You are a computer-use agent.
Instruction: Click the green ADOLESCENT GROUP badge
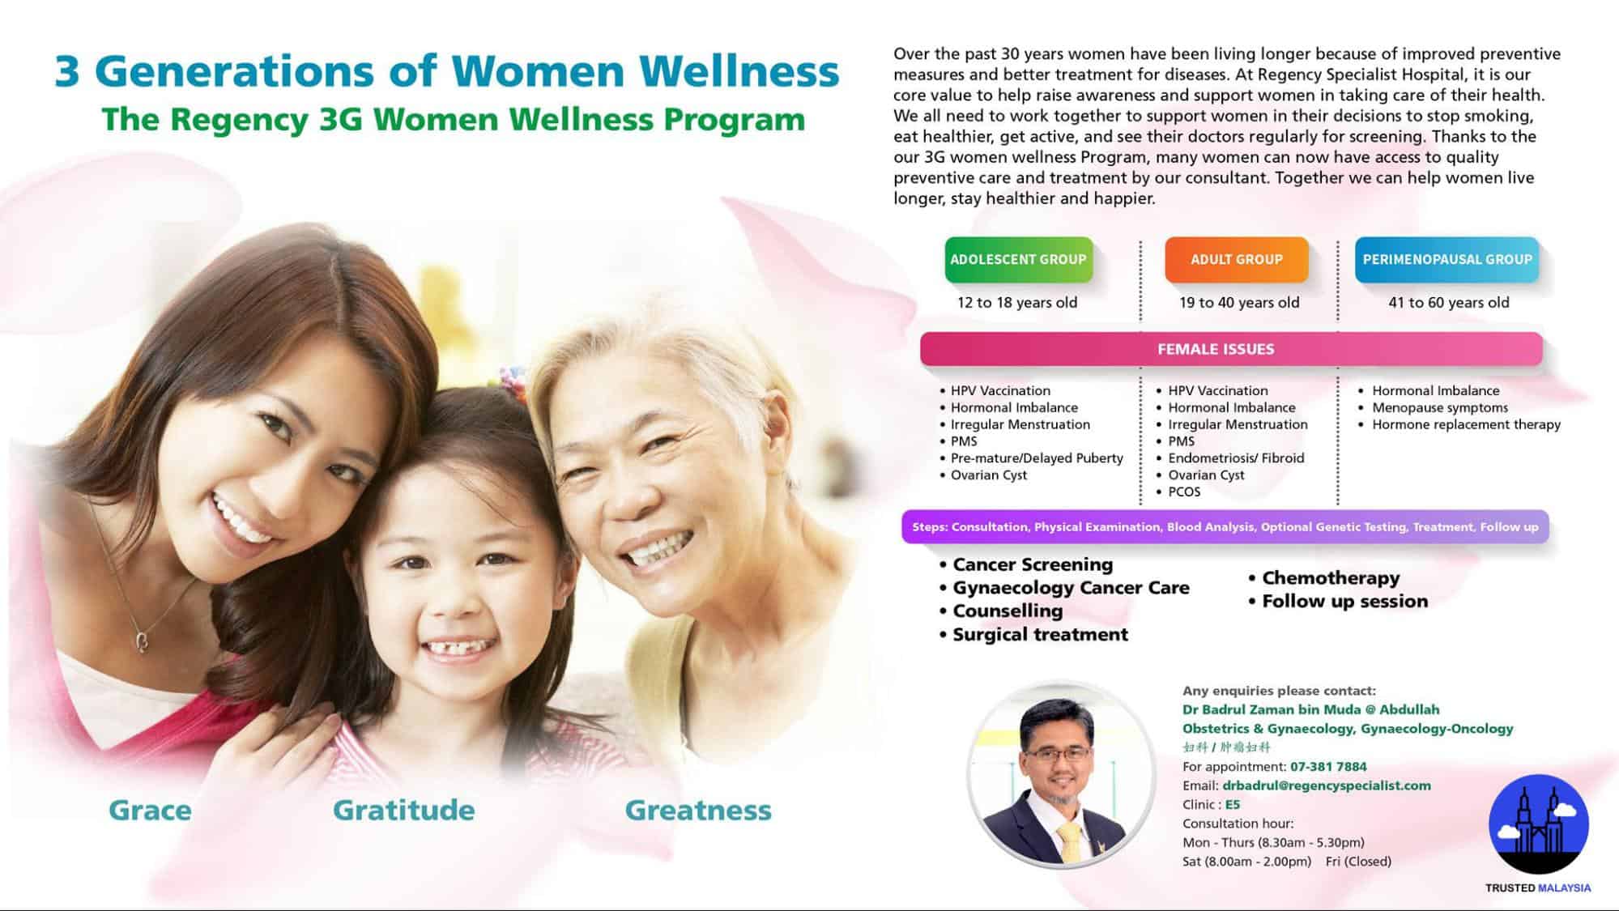1018,259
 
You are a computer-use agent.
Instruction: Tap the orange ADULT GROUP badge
1236,259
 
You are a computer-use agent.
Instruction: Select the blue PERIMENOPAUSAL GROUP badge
1446,259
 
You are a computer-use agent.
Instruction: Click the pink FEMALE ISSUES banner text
1216,349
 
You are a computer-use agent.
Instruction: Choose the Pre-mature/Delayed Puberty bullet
1031,458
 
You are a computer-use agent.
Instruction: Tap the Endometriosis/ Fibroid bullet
1230,458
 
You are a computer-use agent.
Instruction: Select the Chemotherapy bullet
1323,578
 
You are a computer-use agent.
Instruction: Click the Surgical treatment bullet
1033,634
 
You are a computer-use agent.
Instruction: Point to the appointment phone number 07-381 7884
1328,767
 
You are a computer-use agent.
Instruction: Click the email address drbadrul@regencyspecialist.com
1327,785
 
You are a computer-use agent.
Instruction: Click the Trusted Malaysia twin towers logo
1539,824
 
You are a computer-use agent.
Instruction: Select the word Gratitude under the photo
403,810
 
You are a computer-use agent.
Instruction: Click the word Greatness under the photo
698,810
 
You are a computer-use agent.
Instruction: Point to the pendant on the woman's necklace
142,641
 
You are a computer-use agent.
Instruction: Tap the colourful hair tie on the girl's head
512,376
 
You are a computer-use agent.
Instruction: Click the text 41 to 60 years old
1449,302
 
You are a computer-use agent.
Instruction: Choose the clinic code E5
1232,805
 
